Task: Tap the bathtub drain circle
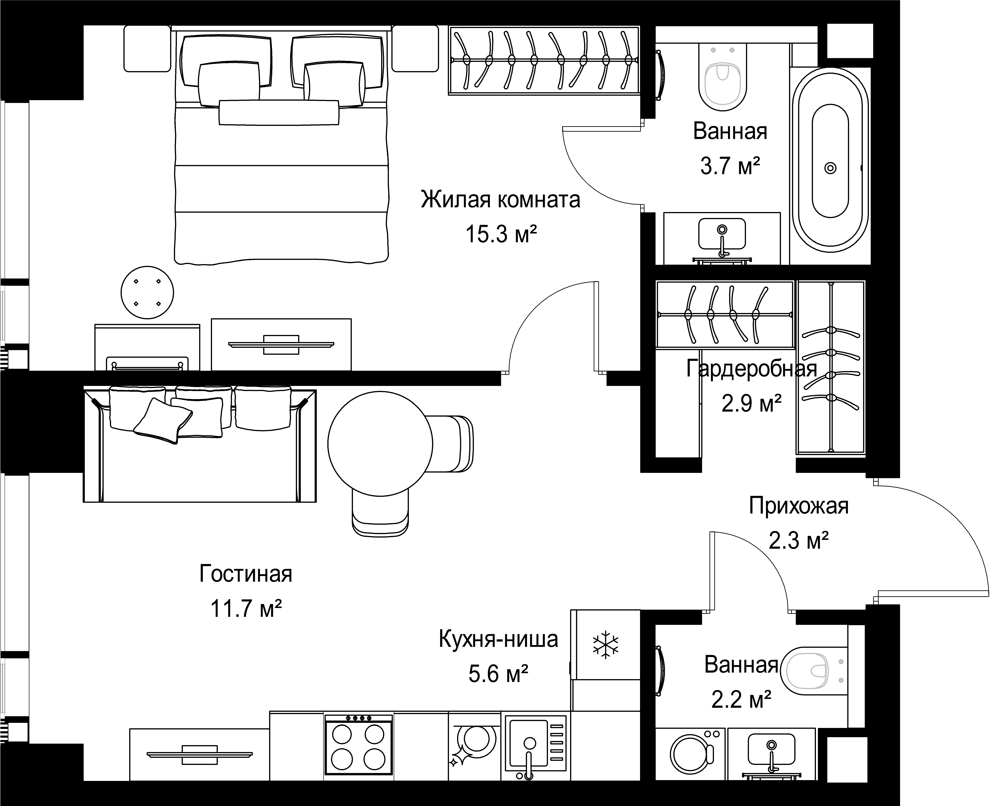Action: (x=830, y=168)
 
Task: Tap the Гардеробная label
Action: (x=751, y=369)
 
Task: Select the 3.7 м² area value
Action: (x=730, y=166)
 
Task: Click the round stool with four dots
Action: (x=147, y=293)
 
